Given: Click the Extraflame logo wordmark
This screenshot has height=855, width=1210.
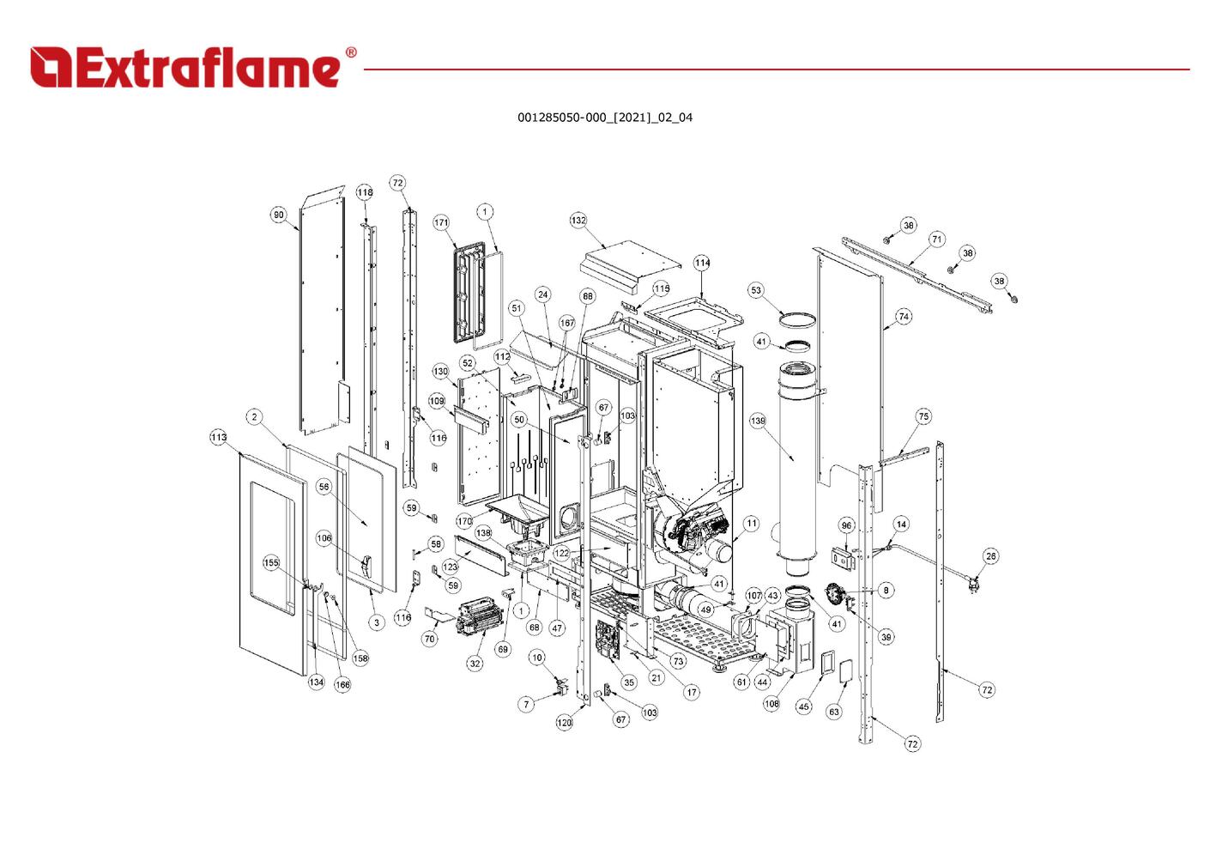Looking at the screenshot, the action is point(185,68).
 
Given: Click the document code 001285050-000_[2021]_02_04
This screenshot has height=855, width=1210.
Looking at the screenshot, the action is point(605,118).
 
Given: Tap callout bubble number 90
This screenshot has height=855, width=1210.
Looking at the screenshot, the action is point(278,215).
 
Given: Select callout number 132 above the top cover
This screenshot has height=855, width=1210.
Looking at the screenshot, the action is point(578,221).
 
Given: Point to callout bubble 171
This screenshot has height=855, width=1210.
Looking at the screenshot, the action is point(441,222).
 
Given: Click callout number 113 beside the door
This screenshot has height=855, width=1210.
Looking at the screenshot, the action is point(218,437).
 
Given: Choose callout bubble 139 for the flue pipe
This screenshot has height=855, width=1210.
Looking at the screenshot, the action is point(758,421).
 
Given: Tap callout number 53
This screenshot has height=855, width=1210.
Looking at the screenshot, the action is point(756,290).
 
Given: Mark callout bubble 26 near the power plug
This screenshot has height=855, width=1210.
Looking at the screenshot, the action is point(990,556).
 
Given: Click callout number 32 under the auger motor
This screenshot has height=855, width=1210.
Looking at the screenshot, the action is point(475,664).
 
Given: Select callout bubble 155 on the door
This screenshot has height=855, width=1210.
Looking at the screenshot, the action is point(271,562).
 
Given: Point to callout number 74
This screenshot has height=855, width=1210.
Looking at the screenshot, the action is point(904,317).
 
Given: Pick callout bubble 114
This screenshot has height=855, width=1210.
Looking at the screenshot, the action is point(702,264).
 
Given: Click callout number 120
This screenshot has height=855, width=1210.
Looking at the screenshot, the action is point(564,723).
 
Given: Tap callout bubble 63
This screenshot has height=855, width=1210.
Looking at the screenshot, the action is point(834,712).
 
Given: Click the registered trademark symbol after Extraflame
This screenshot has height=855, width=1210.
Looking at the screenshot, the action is point(351,52).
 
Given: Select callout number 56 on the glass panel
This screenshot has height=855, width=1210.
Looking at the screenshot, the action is point(324,487).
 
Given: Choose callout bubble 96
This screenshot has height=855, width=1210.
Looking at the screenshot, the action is point(846,525).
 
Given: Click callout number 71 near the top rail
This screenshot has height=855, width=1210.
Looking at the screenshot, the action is point(936,240).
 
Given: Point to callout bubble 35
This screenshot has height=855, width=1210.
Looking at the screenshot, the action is point(629,682).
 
